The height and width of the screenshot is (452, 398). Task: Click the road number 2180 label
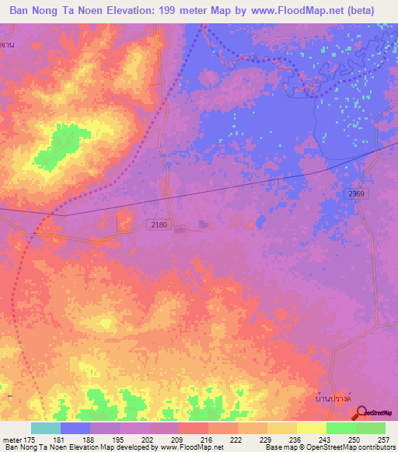tap(158, 224)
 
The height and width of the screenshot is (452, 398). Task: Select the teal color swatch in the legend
tap(45, 428)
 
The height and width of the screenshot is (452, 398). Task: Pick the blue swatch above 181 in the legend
tap(75, 428)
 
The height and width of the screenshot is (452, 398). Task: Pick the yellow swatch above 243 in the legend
tap(311, 428)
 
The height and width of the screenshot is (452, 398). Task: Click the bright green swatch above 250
tap(340, 428)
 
